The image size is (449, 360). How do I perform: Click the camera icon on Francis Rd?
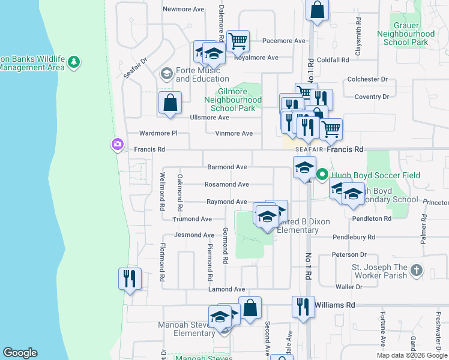click(x=116, y=144)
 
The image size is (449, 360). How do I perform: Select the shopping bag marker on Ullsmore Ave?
click(x=170, y=103)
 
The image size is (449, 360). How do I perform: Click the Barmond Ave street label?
click(x=227, y=167)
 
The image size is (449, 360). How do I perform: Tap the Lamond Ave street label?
click(x=226, y=289)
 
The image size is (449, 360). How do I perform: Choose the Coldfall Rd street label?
click(x=333, y=60)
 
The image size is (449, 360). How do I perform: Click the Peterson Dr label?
click(x=349, y=255)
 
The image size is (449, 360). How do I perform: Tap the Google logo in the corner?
click(x=20, y=353)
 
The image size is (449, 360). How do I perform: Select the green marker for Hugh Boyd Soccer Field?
click(x=322, y=175)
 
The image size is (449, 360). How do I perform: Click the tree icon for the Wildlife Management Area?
click(x=73, y=62)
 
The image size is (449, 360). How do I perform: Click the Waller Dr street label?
click(x=348, y=287)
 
